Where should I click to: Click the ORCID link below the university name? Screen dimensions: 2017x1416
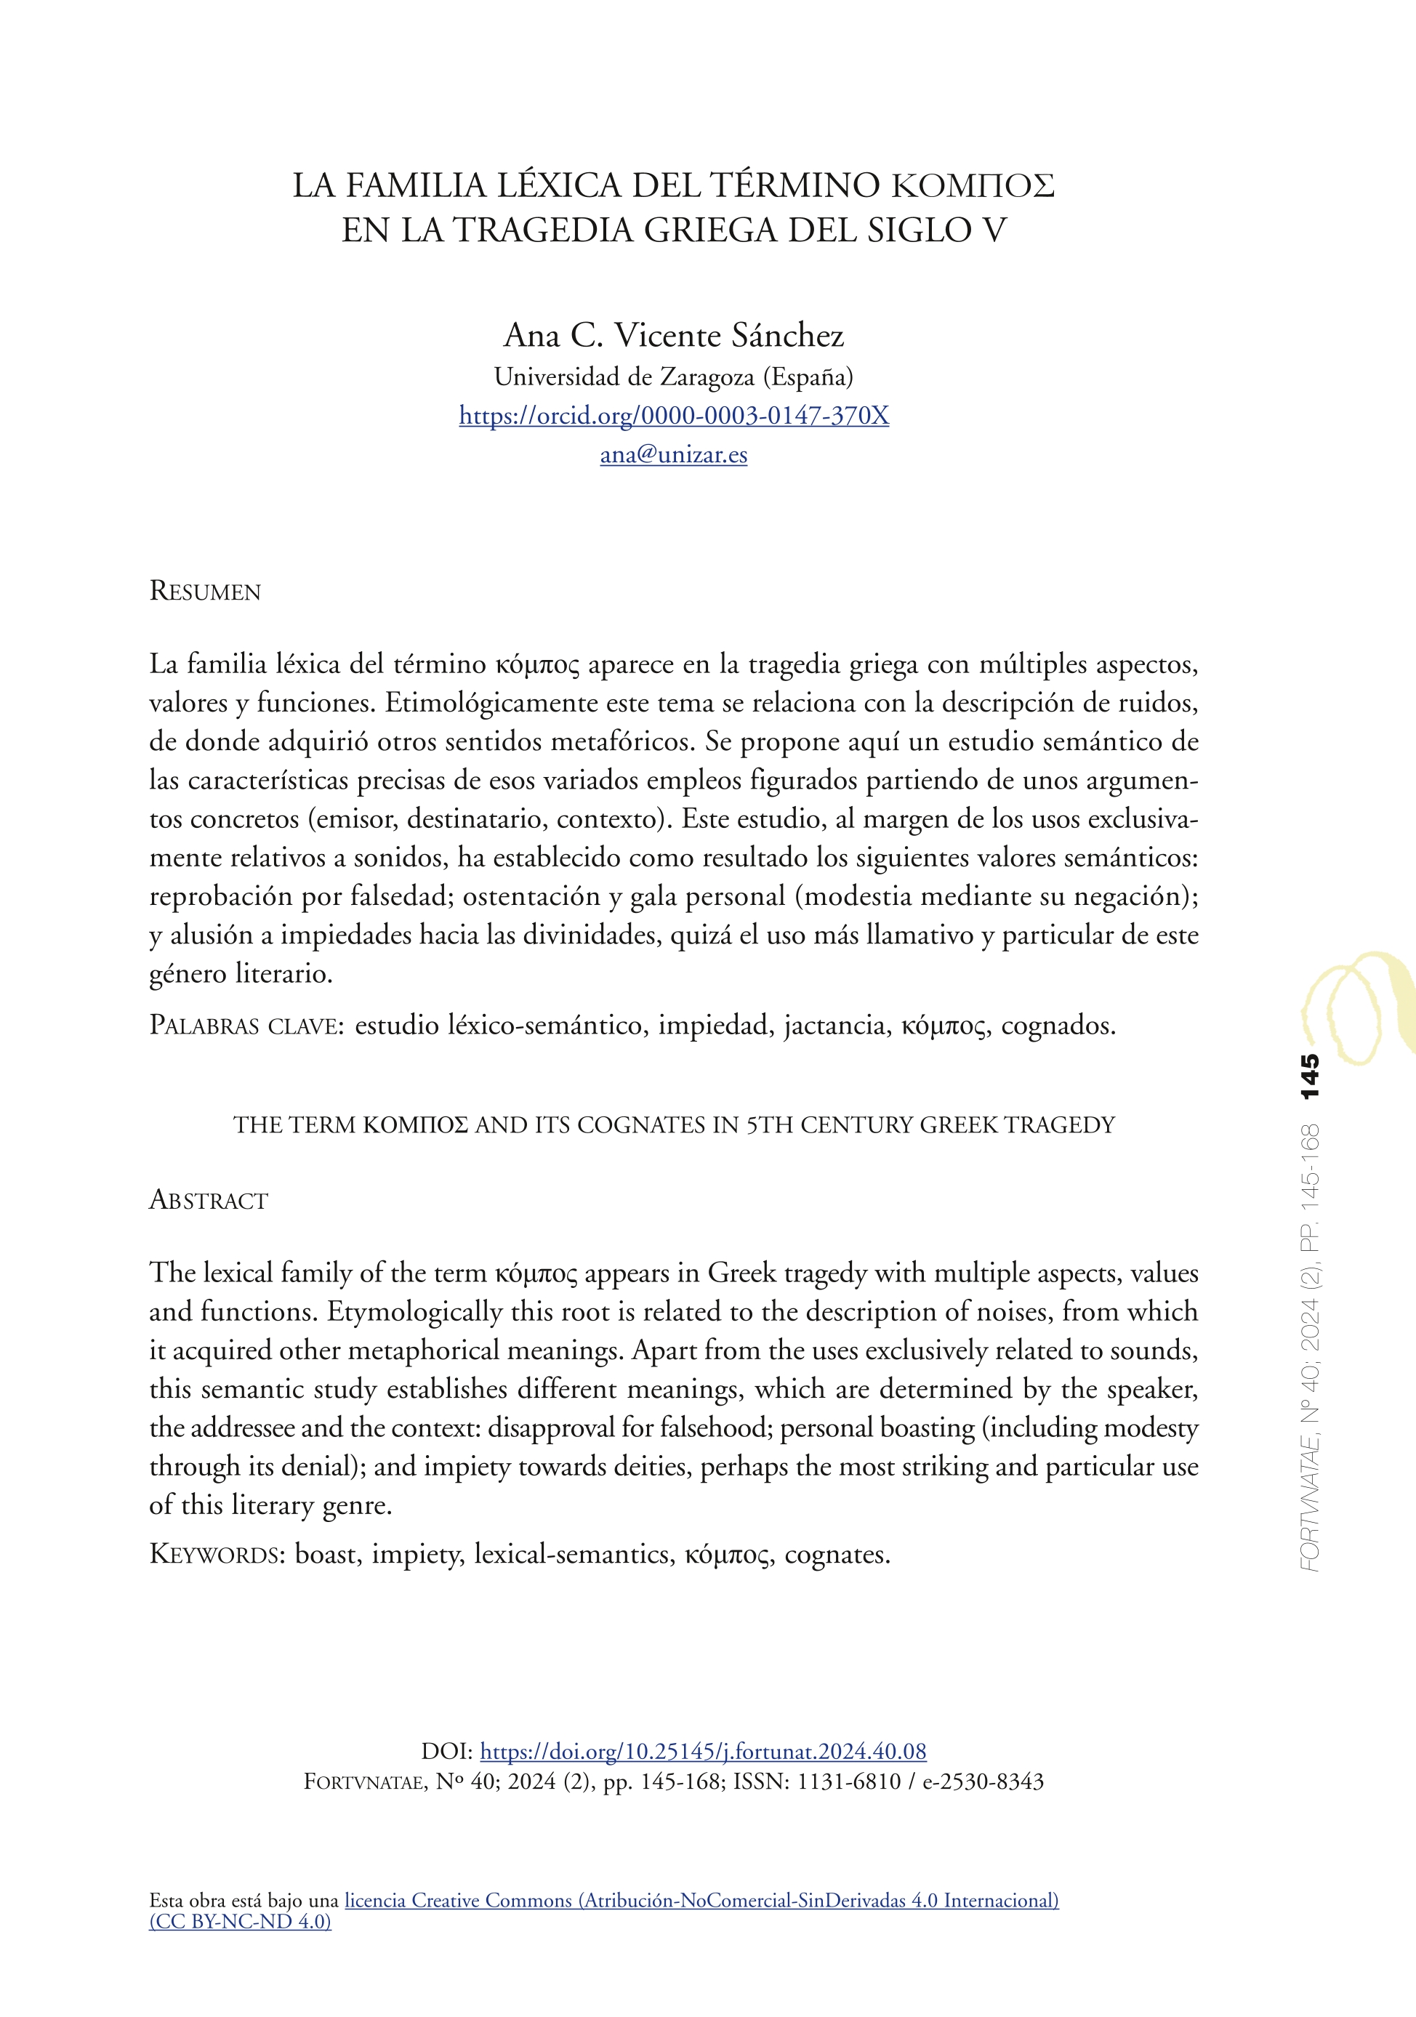(674, 416)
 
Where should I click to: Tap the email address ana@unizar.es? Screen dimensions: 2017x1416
(674, 454)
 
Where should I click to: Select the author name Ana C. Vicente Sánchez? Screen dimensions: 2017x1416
(674, 336)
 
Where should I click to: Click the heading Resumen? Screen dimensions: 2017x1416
(206, 591)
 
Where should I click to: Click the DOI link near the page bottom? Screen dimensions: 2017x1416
(703, 1751)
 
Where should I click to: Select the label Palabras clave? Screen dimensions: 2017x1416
(246, 1025)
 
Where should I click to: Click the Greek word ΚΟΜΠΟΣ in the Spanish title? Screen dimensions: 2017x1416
(973, 186)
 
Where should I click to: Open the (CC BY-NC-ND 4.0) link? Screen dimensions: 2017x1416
(240, 1921)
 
